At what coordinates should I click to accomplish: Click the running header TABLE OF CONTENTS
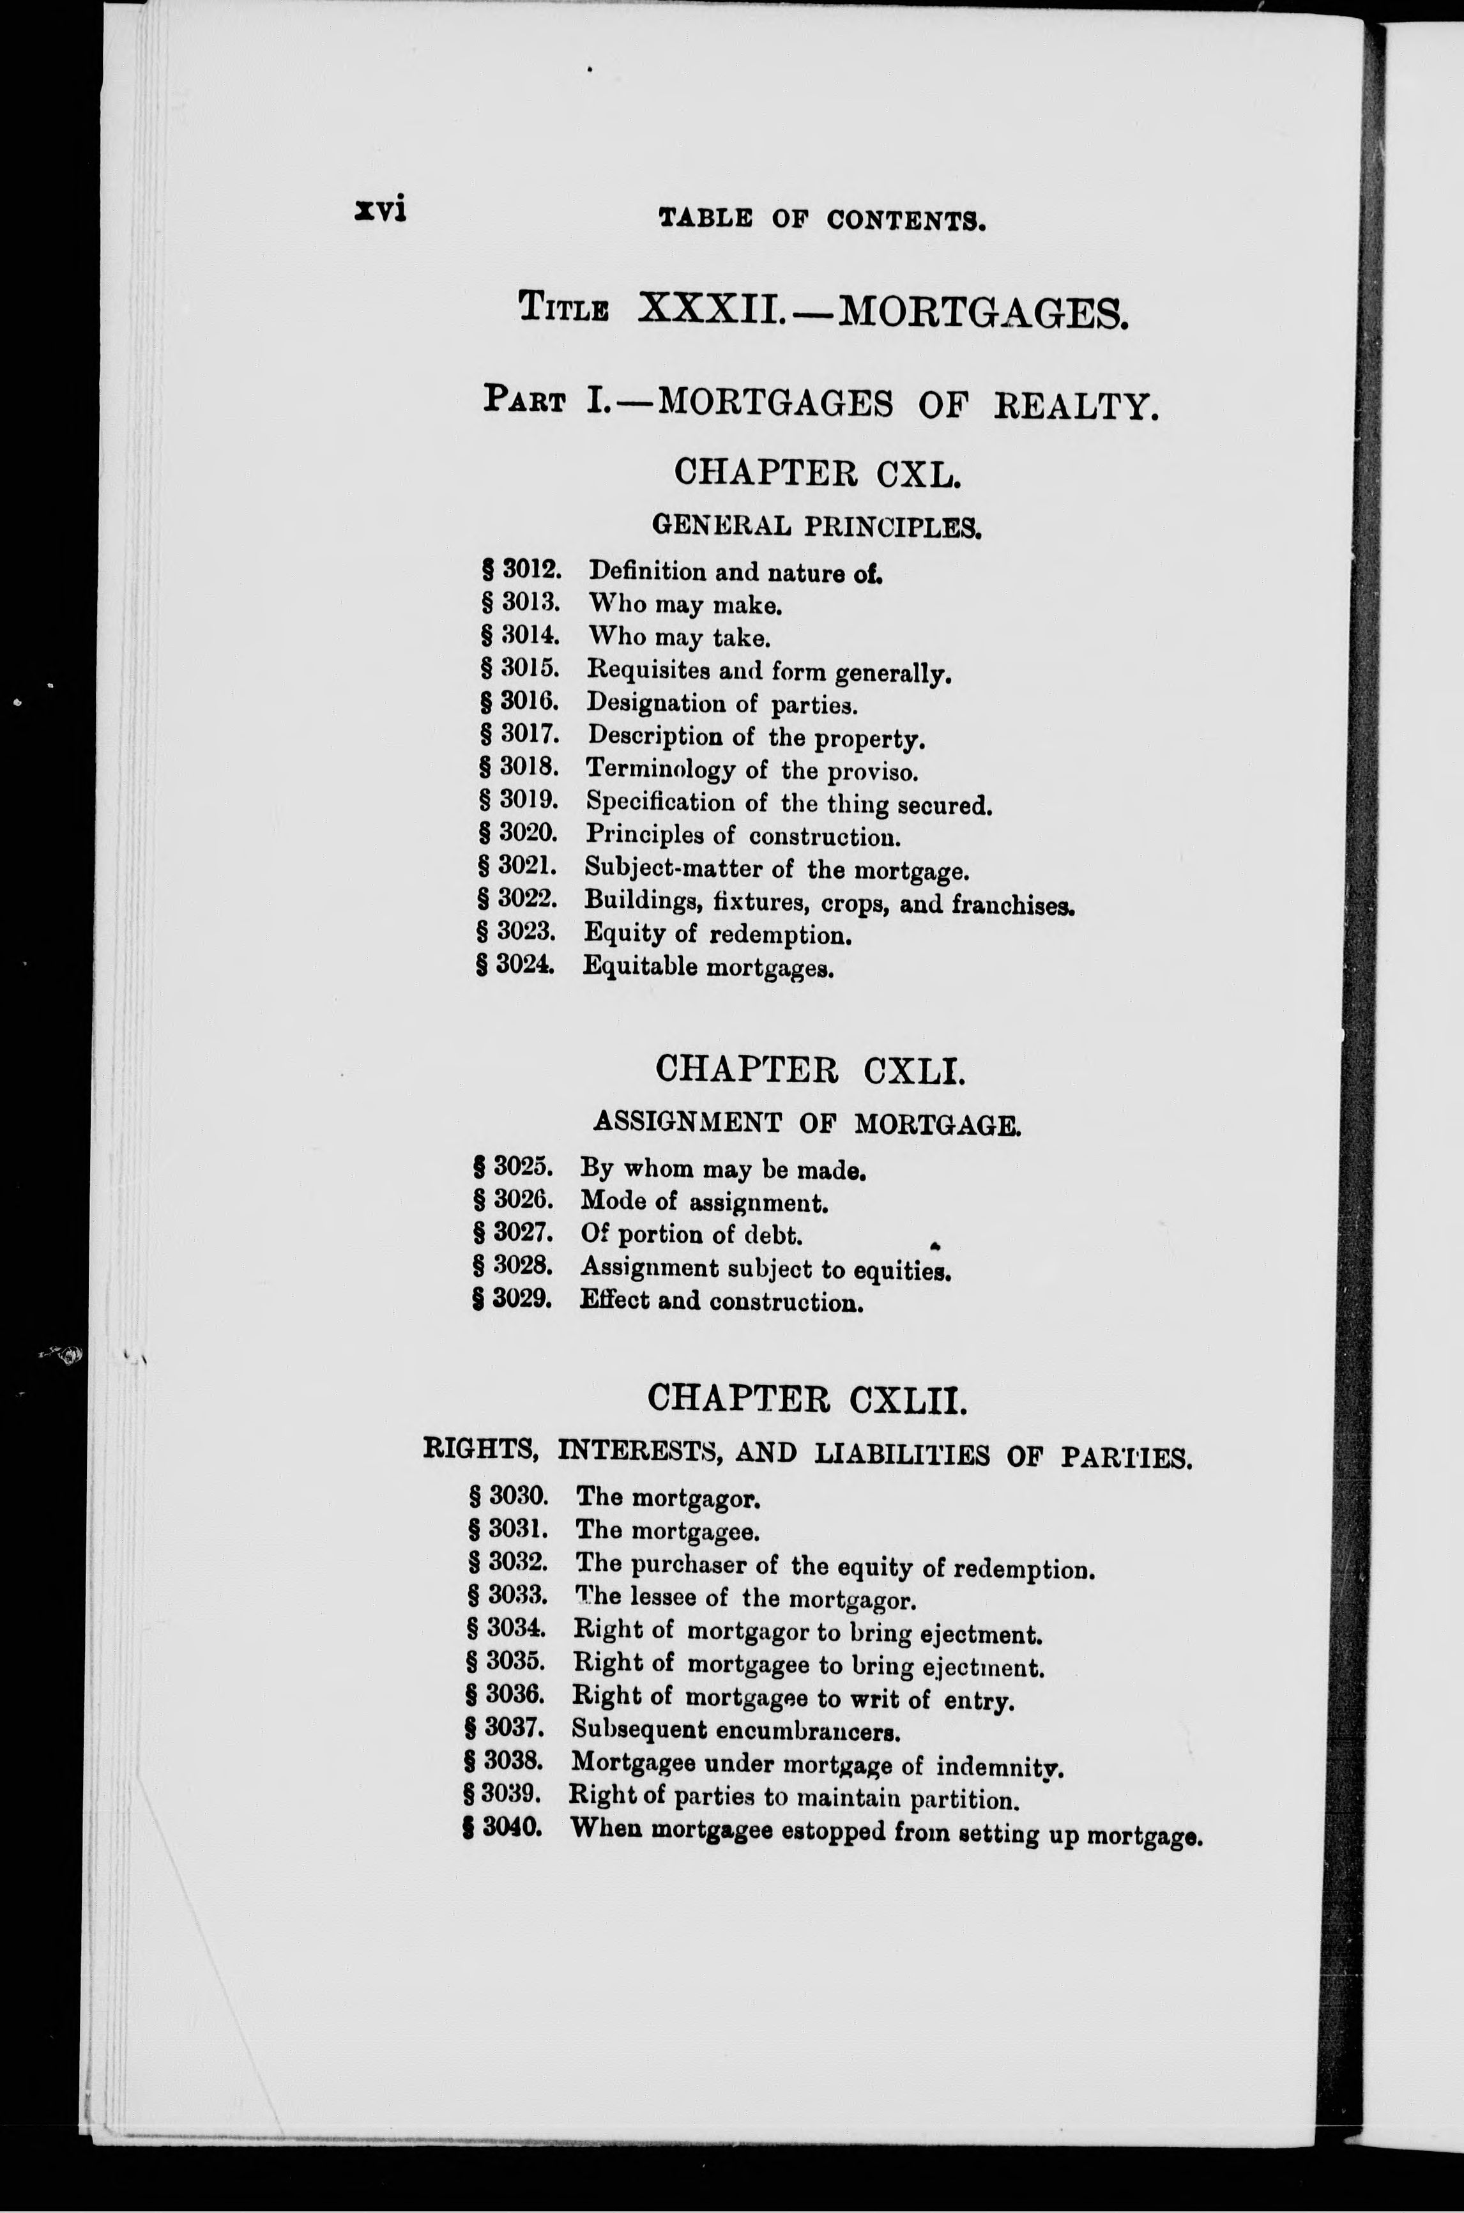(821, 220)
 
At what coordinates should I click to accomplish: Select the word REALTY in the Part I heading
(1076, 406)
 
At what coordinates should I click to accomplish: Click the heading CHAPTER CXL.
(817, 473)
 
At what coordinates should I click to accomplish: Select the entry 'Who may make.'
(684, 605)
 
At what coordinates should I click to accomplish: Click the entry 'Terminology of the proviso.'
(752, 770)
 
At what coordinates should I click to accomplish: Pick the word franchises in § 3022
(1013, 904)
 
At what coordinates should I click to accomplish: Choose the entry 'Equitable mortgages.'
(708, 967)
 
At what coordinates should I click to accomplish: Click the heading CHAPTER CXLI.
(809, 1069)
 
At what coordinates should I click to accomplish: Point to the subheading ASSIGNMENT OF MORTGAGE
(807, 1122)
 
